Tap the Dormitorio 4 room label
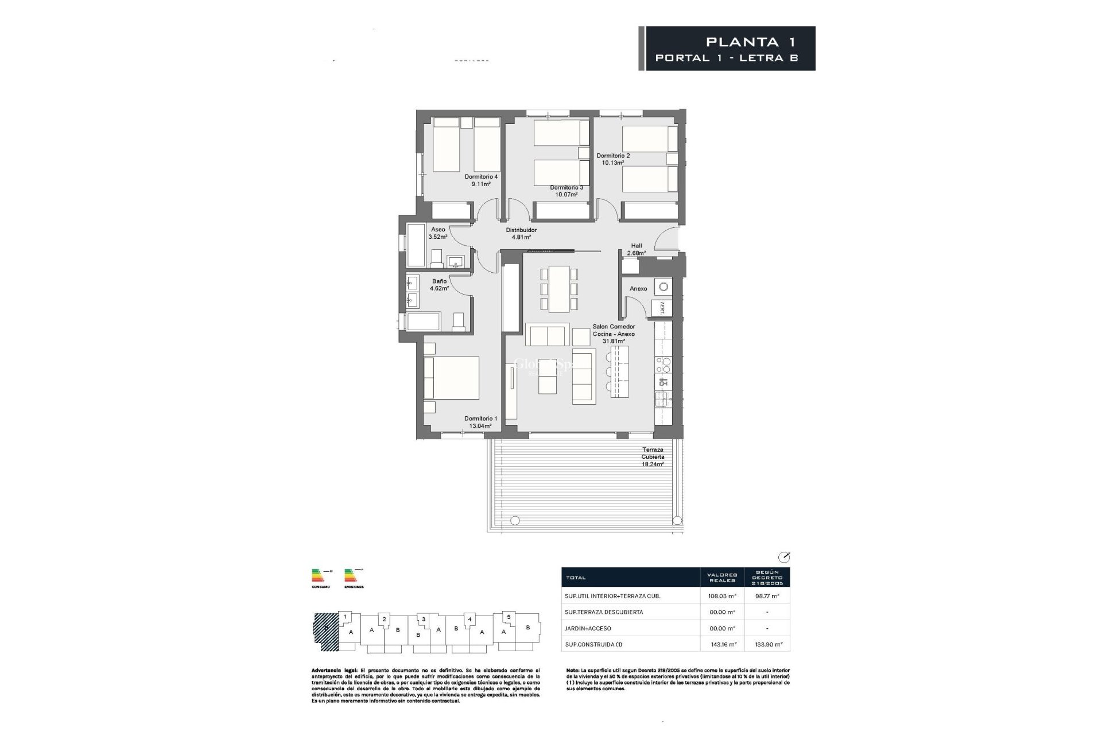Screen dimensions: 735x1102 481,177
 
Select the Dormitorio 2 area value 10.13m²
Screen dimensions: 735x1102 613,163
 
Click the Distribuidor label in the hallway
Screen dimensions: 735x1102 521,230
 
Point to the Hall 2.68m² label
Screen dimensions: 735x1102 637,249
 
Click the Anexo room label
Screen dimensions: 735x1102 638,289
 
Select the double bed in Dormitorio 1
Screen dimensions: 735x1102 451,378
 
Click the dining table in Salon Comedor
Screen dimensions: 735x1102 559,289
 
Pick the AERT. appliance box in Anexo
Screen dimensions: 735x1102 662,308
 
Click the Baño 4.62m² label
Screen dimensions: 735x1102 440,285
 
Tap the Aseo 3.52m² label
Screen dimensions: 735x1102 438,233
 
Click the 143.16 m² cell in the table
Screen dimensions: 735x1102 722,644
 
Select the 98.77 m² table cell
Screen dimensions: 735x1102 767,596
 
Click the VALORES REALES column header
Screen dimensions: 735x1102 722,577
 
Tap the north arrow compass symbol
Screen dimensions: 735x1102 783,557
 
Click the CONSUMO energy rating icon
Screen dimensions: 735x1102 321,577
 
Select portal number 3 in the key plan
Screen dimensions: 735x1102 423,619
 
